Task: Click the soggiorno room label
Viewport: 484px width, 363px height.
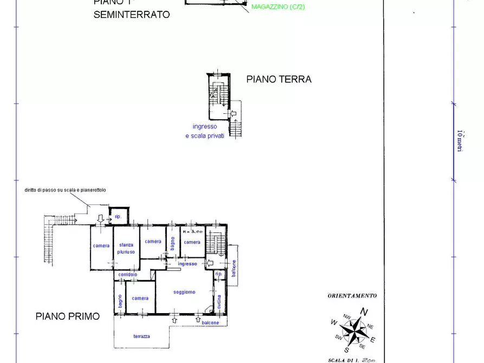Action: [x=184, y=292]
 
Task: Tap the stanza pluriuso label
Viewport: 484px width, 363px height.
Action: [x=126, y=248]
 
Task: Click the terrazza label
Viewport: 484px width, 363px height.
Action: [x=141, y=336]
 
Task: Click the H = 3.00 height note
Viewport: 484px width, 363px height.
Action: [x=192, y=231]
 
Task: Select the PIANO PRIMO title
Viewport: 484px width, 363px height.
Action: [x=68, y=316]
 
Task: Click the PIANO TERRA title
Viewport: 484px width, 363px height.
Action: [x=279, y=79]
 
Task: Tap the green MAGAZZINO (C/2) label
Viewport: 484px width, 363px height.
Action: [x=278, y=7]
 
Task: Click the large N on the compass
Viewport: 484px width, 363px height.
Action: [x=365, y=312]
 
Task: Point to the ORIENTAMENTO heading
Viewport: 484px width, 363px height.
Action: [x=352, y=296]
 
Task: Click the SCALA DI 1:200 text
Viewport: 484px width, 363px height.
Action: [x=352, y=360]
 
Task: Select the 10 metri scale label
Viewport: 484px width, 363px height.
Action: [x=460, y=140]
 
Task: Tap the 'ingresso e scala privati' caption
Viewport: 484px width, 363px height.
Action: [x=205, y=131]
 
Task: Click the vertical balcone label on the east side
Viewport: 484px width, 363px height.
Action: [x=234, y=269]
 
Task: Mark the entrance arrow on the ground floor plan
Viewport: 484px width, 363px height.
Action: [x=234, y=114]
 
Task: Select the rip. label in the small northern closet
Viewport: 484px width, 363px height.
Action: [x=117, y=216]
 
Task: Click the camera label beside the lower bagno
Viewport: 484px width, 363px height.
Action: [x=140, y=298]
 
